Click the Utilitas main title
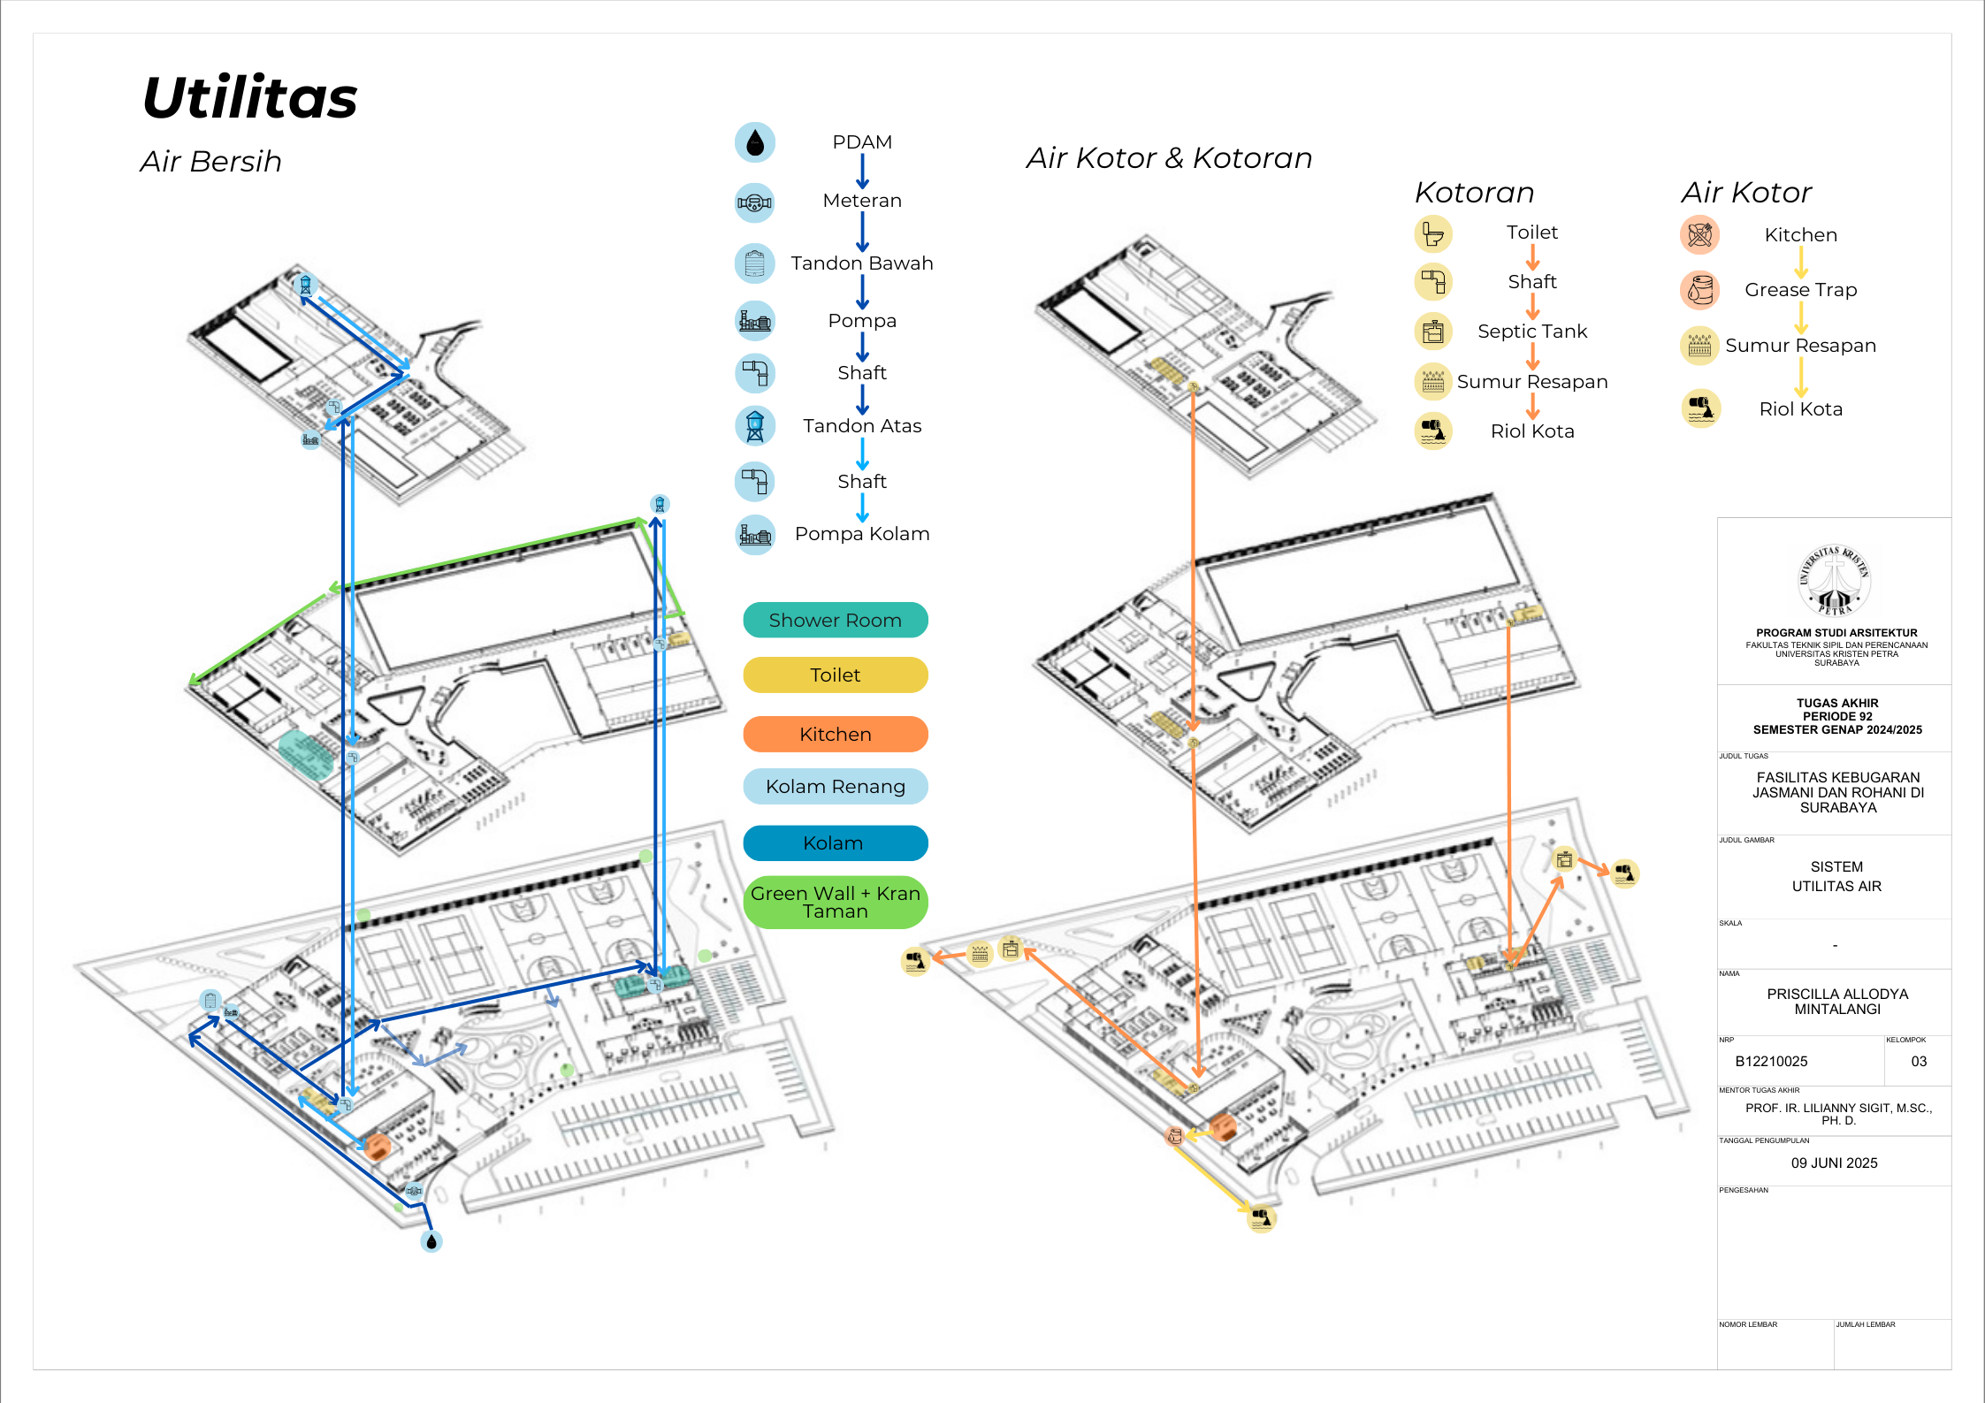tap(250, 98)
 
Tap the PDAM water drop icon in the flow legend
tap(754, 142)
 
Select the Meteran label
tap(862, 201)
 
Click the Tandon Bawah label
tap(862, 263)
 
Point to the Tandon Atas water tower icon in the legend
tap(754, 426)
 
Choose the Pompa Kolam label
tap(862, 534)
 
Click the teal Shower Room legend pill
tap(836, 621)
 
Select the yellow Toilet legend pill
tap(836, 675)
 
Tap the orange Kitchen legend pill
tap(836, 735)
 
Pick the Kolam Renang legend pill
tap(836, 787)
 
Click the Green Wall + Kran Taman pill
tap(836, 903)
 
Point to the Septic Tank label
tap(1532, 332)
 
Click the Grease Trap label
tap(1800, 290)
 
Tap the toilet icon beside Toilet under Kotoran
tap(1433, 234)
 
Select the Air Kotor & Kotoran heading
tap(1169, 158)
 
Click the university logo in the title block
tap(1836, 580)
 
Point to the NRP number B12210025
tap(1771, 1062)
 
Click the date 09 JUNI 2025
tap(1834, 1163)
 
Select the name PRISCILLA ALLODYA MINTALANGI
tap(1836, 1002)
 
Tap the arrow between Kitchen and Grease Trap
tap(1801, 262)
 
